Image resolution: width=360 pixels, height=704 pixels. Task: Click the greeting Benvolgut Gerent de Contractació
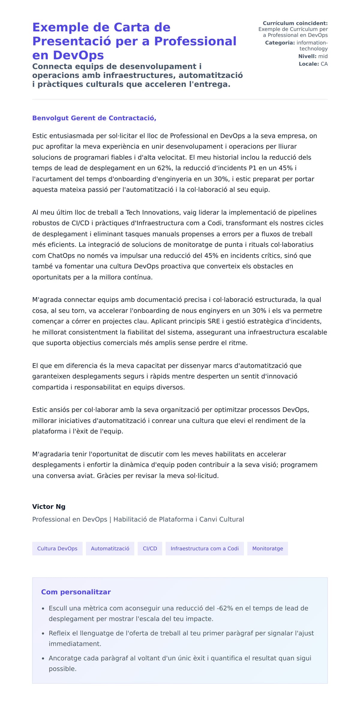[x=94, y=118]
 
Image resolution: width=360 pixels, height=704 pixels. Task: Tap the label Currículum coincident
[x=295, y=23]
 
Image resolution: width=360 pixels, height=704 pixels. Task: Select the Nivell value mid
[x=323, y=56]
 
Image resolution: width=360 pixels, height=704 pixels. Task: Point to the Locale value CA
[x=324, y=64]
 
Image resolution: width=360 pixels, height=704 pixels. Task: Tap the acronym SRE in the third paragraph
[x=214, y=321]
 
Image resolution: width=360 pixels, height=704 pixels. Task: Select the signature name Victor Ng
[x=49, y=507]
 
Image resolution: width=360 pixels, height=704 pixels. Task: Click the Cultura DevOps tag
[x=57, y=548]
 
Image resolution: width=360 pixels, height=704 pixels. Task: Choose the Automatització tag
[x=110, y=548]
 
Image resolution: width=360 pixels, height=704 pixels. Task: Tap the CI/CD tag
[x=150, y=548]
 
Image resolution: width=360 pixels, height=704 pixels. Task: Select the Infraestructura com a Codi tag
[x=205, y=548]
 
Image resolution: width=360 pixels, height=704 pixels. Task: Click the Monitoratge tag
[x=267, y=548]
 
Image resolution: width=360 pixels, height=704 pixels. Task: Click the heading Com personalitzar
[x=76, y=592]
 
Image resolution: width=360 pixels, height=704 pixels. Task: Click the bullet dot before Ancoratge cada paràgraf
[x=43, y=658]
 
